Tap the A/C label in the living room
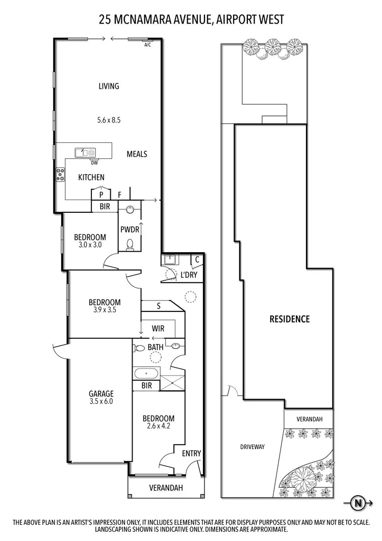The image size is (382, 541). pyautogui.click(x=148, y=45)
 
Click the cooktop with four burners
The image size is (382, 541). pyautogui.click(x=61, y=174)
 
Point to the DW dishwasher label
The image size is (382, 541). pyautogui.click(x=94, y=163)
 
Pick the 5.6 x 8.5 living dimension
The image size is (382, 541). pyautogui.click(x=108, y=120)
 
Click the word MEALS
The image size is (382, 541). pyautogui.click(x=137, y=154)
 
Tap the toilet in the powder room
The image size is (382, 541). pyautogui.click(x=131, y=244)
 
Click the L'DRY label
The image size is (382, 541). pyautogui.click(x=189, y=275)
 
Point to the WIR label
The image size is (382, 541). pyautogui.click(x=158, y=328)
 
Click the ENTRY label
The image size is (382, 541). pyautogui.click(x=191, y=453)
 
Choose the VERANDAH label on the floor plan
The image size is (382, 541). pyautogui.click(x=166, y=488)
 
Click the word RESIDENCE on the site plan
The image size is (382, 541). pyautogui.click(x=289, y=319)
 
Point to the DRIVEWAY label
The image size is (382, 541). pyautogui.click(x=252, y=447)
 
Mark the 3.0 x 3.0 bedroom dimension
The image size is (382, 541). pyautogui.click(x=90, y=244)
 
